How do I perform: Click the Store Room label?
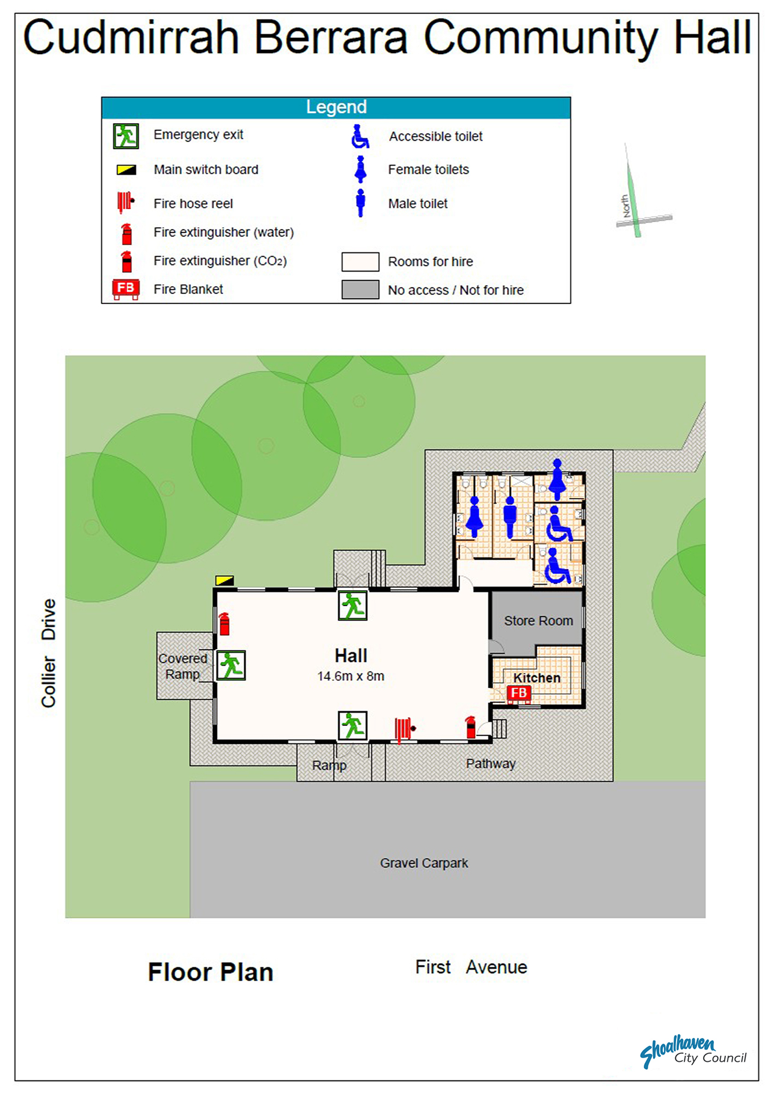coord(538,621)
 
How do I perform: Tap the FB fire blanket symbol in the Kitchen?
coord(518,694)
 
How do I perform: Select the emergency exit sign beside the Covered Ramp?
coord(231,665)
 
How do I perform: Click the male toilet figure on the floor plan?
coord(510,516)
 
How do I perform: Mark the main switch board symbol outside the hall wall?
coord(224,580)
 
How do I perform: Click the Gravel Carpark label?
coord(424,863)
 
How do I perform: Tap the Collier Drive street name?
coord(49,653)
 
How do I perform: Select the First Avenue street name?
coord(471,967)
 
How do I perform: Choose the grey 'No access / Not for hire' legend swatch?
coord(360,290)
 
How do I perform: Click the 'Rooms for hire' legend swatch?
coord(360,262)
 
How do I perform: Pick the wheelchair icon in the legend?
coord(360,136)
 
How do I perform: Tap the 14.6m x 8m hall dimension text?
coord(351,676)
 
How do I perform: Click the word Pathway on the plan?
coord(491,764)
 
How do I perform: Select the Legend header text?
coord(336,107)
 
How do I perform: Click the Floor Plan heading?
coord(210,972)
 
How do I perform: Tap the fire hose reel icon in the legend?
coord(125,202)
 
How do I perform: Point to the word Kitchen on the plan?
coord(536,678)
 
